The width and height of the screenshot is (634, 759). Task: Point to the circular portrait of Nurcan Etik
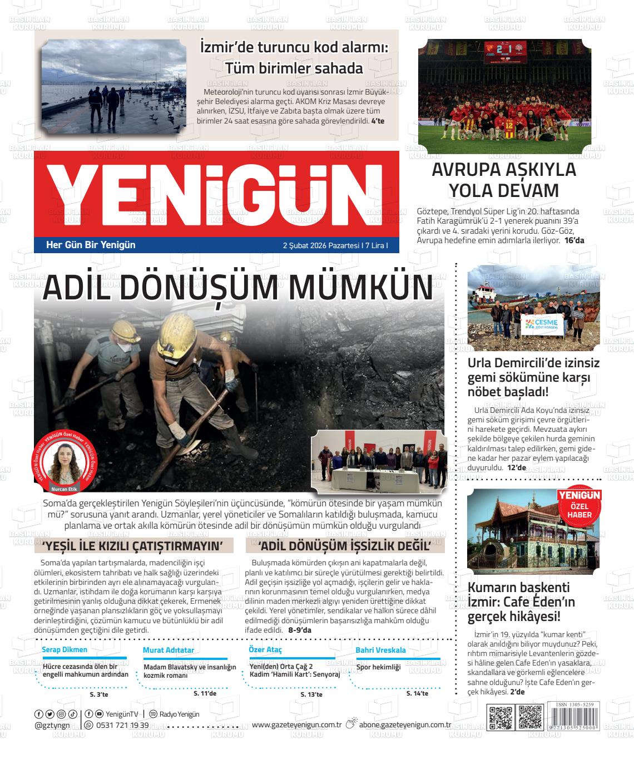pos(65,461)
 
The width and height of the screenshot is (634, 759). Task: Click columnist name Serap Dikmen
pos(65,650)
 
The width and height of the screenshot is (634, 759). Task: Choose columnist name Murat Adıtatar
pos(168,650)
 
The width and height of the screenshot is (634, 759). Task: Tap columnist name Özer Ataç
pos(265,650)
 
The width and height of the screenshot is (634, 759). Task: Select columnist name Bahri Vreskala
pos(380,650)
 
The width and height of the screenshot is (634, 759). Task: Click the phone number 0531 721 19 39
pos(122,725)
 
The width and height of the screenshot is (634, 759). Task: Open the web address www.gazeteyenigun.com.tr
pos(296,724)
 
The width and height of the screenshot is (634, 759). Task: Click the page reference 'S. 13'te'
pos(311,694)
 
